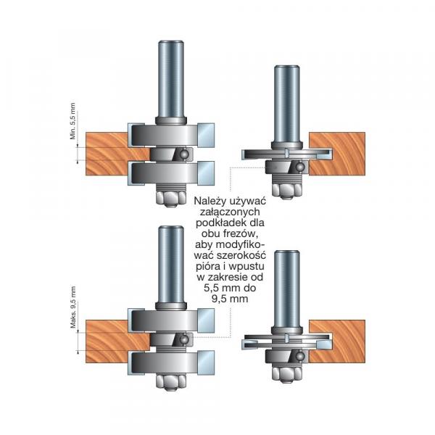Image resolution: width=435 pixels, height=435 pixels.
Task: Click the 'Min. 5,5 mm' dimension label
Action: pos(72,121)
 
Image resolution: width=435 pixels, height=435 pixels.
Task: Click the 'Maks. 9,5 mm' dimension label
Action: pos(73,307)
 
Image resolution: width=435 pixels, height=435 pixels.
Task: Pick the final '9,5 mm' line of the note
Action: pos(230,299)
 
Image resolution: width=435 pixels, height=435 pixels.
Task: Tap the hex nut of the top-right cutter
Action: pos(286,189)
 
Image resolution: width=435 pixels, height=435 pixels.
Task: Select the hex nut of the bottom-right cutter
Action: pos(286,374)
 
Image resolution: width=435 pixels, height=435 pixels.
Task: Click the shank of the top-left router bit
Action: pos(171,80)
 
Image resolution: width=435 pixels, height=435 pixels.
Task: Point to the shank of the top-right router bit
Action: pos(286,104)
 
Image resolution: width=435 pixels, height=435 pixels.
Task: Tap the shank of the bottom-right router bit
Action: pos(286,289)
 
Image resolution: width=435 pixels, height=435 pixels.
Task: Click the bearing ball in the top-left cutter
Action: pos(183,154)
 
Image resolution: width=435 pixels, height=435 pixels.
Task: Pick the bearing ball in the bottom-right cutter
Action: pos(299,355)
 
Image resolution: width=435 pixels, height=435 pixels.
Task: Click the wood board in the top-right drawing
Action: pos(337,154)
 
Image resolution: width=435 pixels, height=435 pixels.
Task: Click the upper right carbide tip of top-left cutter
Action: pos(206,135)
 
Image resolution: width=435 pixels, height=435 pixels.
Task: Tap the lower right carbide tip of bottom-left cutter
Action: pos(206,362)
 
